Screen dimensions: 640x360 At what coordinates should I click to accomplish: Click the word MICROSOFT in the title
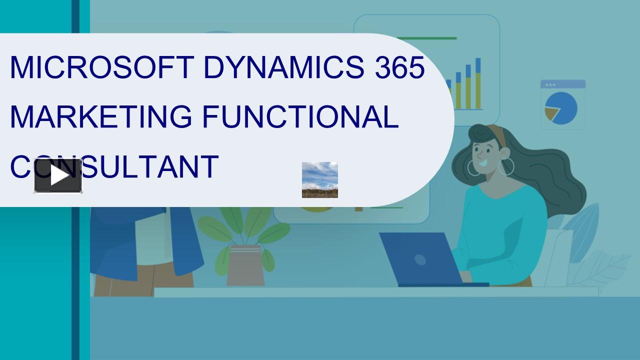click(102, 67)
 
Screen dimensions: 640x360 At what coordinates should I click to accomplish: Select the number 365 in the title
click(399, 67)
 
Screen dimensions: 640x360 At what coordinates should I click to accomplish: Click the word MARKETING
click(101, 116)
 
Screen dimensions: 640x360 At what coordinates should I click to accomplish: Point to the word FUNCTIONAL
click(300, 116)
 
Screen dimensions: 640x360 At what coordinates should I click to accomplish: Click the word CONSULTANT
click(114, 166)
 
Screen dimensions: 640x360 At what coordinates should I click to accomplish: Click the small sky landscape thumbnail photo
click(320, 180)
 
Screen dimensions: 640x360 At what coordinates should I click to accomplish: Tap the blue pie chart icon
click(561, 108)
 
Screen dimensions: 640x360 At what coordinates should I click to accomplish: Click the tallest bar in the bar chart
click(478, 83)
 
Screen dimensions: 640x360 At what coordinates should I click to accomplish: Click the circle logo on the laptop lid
click(420, 260)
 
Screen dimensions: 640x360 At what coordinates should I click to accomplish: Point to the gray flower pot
click(245, 265)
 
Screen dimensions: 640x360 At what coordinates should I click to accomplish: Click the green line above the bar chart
click(427, 38)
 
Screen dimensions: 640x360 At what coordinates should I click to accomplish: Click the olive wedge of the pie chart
click(551, 113)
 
